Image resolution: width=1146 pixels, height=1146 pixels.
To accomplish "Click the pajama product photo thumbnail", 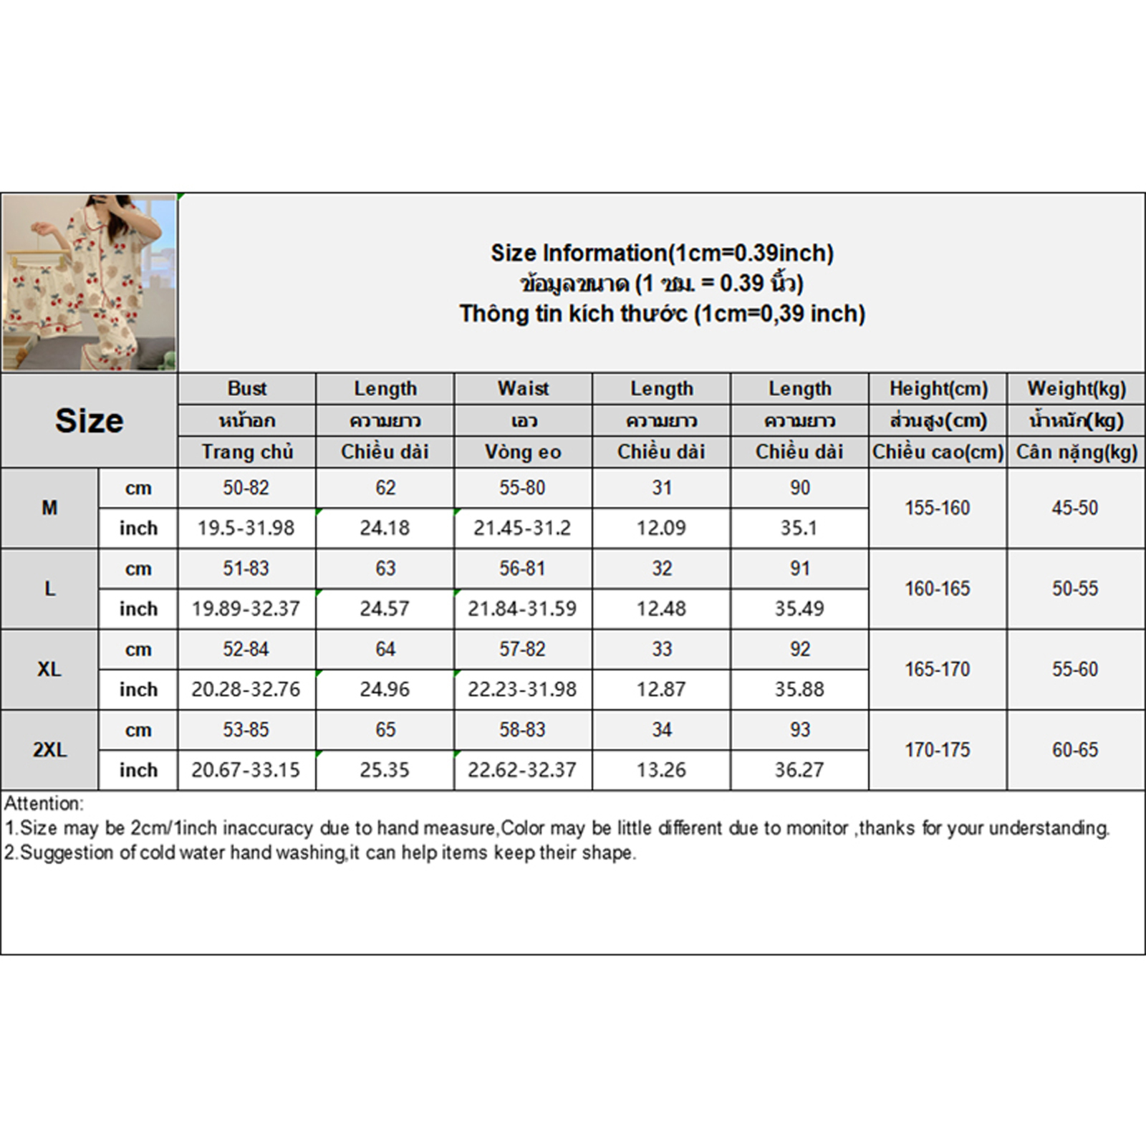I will coord(89,282).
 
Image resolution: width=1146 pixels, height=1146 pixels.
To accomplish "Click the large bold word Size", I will coord(89,420).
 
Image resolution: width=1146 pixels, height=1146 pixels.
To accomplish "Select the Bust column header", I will coord(247,388).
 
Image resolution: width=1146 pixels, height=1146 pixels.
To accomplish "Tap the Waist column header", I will coord(524,388).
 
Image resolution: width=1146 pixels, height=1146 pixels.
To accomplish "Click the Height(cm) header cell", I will coord(938,388).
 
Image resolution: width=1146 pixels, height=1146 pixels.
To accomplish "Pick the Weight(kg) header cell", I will coord(1077,388).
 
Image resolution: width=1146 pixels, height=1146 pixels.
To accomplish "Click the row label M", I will coord(49,508).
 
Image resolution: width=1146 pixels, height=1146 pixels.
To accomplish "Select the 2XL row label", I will coord(49,750).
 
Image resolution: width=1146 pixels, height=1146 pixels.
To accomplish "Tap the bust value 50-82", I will coord(246,488).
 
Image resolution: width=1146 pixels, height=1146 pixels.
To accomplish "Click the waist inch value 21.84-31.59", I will coord(522,609).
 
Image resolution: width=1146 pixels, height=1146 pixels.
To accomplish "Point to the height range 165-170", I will coord(937,669).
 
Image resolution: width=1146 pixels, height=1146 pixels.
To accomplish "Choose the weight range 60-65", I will coord(1075,750).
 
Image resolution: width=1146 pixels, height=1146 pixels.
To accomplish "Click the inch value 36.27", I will coord(799,770).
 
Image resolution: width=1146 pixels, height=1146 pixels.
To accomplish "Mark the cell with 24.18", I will coord(385,528).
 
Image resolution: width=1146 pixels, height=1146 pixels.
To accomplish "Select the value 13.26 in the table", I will coord(661,770).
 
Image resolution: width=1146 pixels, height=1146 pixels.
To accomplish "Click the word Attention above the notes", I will coord(44,803).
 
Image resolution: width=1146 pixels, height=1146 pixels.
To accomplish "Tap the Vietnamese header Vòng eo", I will coord(523,452).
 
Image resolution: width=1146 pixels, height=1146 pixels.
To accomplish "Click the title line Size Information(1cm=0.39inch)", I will coord(662,253).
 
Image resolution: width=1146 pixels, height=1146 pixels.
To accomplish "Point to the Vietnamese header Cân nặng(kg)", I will coord(1077,452).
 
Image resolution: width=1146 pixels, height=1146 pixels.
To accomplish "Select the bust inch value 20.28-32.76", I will coord(246,689).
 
